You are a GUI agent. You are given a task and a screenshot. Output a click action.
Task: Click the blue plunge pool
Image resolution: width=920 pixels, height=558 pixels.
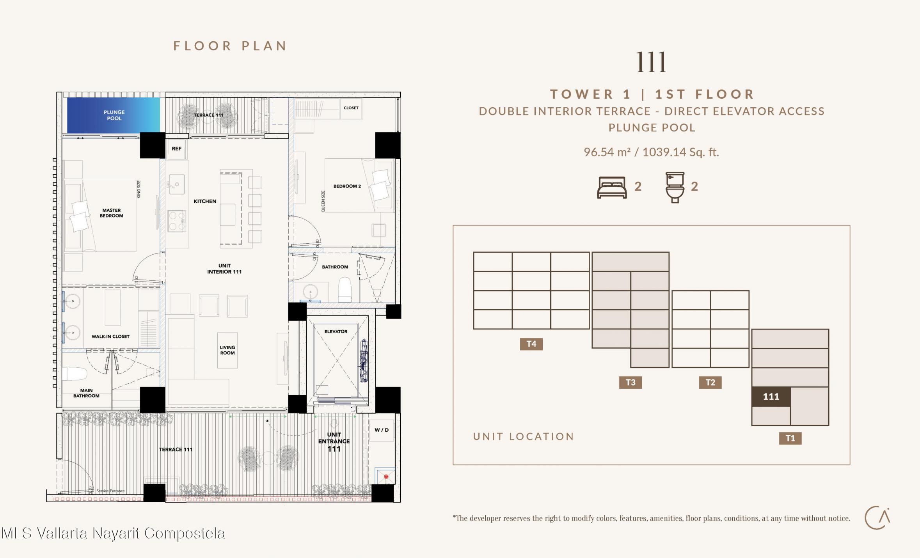point(114,115)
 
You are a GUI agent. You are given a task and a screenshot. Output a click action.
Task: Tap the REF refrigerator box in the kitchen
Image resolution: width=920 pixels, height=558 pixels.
point(176,149)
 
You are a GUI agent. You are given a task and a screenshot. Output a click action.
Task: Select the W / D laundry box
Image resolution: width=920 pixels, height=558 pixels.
point(382,430)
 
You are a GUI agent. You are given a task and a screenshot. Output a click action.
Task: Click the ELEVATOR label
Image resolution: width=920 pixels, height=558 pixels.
point(336,331)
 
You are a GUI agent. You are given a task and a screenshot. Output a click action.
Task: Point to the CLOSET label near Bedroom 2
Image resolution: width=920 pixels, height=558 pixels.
point(351,108)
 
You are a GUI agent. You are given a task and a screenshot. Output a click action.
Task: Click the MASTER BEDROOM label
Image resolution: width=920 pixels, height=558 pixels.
point(112,213)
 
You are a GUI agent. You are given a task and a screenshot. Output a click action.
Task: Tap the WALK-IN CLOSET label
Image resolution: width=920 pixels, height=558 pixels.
point(110,337)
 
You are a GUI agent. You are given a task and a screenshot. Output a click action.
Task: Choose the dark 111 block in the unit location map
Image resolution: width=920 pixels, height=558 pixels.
point(771,397)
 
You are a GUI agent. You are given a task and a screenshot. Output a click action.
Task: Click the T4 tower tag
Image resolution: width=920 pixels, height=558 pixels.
point(531,344)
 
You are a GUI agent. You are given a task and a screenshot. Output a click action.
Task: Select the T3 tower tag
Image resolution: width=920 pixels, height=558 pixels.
point(631,382)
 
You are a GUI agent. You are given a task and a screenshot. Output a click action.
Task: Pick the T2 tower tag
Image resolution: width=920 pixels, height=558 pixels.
point(710,382)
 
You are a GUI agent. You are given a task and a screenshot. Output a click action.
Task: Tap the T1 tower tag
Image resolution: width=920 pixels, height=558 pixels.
point(790,438)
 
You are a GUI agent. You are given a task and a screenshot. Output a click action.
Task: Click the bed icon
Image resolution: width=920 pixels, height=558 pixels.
point(612,188)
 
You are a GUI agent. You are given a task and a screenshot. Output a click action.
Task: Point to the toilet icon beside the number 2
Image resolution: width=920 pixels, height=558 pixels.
point(675,188)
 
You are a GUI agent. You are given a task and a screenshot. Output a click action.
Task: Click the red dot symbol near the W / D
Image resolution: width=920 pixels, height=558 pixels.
point(386,477)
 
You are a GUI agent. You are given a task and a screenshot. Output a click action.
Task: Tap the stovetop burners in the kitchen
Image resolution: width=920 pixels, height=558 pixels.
point(176,221)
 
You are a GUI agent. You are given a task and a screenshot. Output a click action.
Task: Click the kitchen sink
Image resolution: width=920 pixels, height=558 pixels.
point(176,184)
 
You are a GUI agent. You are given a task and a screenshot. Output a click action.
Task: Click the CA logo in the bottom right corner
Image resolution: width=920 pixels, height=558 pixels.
point(877,518)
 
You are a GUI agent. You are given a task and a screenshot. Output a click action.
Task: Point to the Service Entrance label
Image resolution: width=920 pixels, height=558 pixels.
point(110,491)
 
